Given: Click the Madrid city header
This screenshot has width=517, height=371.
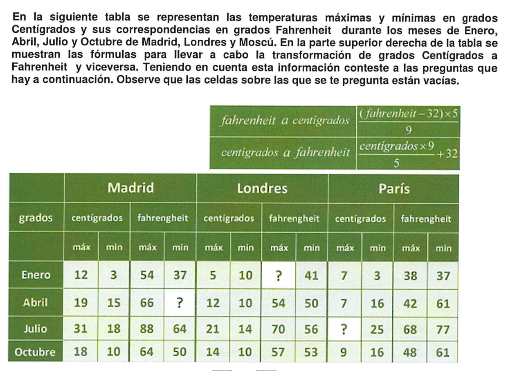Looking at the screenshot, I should (x=130, y=188).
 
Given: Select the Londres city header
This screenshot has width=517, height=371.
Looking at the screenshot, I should (x=262, y=188).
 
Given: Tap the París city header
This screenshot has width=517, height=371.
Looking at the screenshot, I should (x=393, y=189).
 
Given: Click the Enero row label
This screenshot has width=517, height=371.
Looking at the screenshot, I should (x=36, y=275).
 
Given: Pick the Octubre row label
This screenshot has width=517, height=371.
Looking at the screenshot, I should (x=35, y=352).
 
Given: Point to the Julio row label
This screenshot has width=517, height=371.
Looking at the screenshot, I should (x=36, y=328).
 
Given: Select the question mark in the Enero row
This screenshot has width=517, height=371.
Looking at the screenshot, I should (x=278, y=276).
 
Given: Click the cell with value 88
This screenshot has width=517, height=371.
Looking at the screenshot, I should (x=147, y=328).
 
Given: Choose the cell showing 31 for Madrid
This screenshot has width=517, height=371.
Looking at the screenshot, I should (x=81, y=328).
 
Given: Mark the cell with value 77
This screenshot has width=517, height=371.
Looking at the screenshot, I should (x=443, y=329).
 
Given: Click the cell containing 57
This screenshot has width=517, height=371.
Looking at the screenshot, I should (x=278, y=352).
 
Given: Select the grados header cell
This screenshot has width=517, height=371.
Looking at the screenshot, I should (x=36, y=218).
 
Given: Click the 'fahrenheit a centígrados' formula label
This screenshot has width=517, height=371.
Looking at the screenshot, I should (x=285, y=121).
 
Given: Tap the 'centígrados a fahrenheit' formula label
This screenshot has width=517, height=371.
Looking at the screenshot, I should (x=285, y=153).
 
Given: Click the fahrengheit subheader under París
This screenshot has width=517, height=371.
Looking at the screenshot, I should (x=426, y=218).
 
